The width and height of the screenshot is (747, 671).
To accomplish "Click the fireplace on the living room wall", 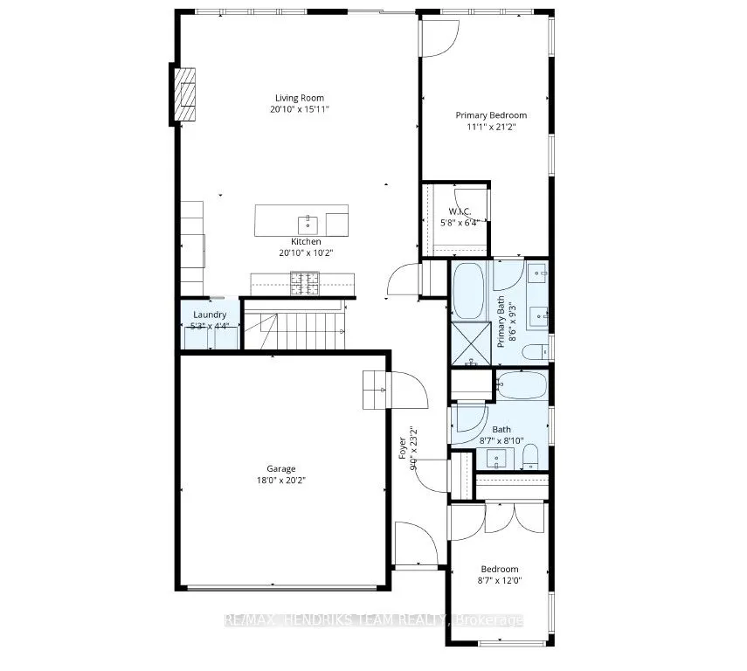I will (x=184, y=94).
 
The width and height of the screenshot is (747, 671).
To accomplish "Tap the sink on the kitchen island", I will (x=305, y=221).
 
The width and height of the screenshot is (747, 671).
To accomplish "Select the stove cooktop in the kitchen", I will (x=305, y=281).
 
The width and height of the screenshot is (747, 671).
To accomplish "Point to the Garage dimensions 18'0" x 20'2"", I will (x=281, y=480).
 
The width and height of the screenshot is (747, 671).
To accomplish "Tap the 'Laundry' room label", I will (x=210, y=315).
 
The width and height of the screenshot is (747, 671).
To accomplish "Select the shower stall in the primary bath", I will (x=470, y=342).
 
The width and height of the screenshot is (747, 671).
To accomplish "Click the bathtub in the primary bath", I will (x=470, y=290).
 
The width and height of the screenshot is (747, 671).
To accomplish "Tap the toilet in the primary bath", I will (x=533, y=351).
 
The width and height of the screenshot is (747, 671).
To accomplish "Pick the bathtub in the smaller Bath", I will (x=521, y=384).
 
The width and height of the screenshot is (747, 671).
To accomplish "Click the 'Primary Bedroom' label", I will (x=491, y=115).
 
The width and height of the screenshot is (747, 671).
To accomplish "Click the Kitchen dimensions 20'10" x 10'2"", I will (x=306, y=252).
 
